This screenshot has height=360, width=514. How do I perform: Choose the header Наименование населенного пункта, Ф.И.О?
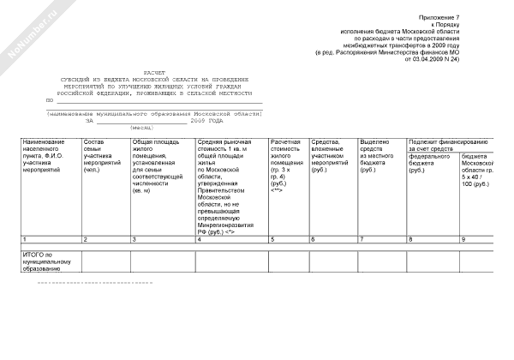point(49,155)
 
